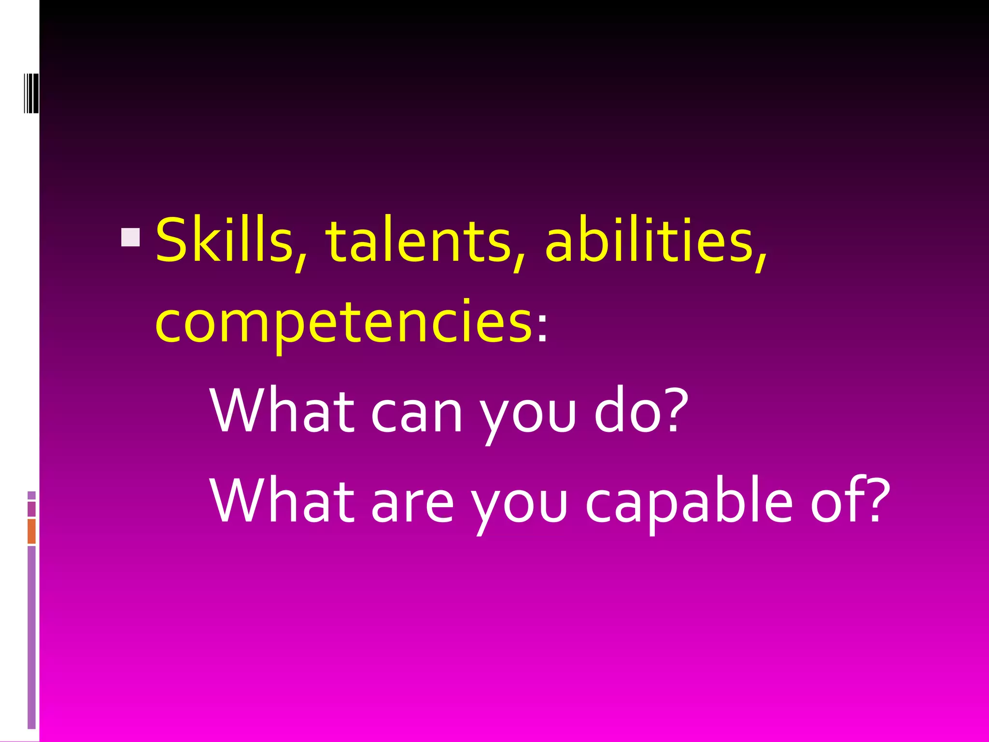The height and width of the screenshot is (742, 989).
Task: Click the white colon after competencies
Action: tap(542, 329)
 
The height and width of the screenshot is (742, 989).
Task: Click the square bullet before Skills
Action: tap(130, 237)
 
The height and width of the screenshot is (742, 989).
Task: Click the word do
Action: tap(623, 411)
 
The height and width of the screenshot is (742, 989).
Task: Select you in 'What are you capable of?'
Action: tap(519, 507)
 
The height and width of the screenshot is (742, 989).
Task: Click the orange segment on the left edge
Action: tap(32, 531)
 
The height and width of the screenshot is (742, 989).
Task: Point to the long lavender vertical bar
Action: tap(32, 638)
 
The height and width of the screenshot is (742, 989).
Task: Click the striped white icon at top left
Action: tap(31, 92)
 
